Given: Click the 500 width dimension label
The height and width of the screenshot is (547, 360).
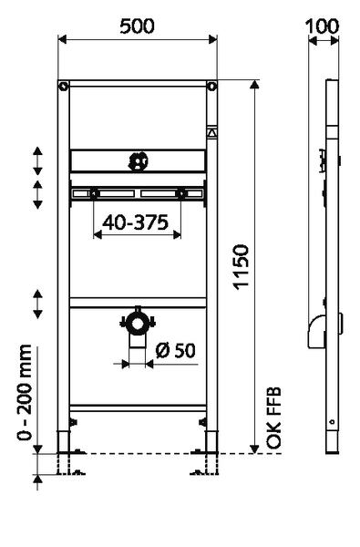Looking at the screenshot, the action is pos(137,26).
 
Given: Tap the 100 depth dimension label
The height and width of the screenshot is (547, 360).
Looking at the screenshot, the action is pos(322,26).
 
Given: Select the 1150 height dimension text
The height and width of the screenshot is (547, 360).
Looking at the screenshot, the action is pos(242,267).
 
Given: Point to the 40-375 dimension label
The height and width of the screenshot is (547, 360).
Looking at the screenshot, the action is pos(136,222).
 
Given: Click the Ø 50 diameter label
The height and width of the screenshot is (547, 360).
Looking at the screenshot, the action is pos(176,350).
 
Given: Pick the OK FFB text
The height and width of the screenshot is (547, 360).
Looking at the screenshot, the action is pos(273,418).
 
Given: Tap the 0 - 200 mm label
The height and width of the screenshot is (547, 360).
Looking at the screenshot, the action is pos(25,393).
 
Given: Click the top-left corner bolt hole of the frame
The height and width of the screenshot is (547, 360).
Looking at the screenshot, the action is pos(64,87).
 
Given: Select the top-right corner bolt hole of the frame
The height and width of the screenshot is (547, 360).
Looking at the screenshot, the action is pos(211,87).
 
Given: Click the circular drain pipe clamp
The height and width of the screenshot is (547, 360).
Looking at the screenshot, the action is pos(138,323).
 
